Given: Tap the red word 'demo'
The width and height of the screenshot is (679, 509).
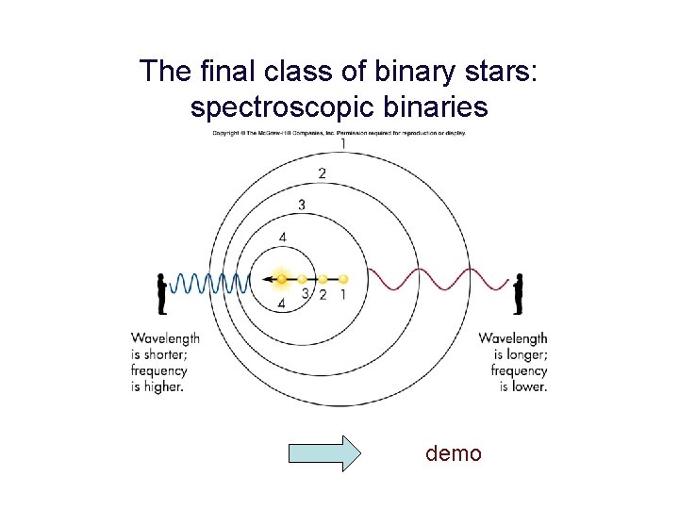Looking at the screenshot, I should (x=454, y=453).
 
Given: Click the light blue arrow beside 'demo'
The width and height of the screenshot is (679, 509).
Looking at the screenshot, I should (x=323, y=453).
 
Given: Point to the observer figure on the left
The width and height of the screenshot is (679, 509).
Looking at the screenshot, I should (x=162, y=293).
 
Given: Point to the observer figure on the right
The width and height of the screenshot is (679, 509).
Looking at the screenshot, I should (x=518, y=293).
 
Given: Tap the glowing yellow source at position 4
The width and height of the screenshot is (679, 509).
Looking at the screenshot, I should (x=281, y=279).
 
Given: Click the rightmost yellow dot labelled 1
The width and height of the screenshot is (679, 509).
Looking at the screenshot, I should (x=343, y=279).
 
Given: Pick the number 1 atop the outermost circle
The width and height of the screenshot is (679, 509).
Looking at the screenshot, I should (x=342, y=144).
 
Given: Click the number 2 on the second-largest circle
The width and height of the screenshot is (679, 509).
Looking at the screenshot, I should (x=323, y=173).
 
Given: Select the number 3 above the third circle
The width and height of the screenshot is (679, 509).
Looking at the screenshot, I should (x=302, y=205).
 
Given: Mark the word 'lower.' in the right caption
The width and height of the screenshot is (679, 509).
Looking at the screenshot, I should (x=524, y=386).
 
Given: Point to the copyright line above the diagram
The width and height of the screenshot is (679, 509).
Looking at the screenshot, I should (x=339, y=133).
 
